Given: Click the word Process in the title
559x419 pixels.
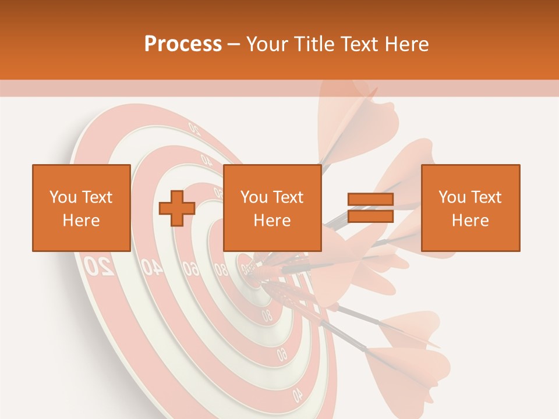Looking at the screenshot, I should point(183,44).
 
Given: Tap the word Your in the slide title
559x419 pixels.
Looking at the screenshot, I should point(267,44).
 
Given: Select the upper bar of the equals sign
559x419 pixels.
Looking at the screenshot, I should point(370,200).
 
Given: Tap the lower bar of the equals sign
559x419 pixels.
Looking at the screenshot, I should point(370,216).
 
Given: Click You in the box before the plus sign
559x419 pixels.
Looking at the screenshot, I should point(61,197).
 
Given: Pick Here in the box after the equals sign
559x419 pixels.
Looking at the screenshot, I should point(470,221).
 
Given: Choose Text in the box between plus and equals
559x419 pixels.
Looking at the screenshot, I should point(288,197).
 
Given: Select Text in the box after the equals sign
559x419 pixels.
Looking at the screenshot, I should point(486,197).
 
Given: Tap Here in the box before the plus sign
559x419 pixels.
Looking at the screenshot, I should point(81,221).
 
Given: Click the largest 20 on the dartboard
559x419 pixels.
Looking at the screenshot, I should point(99,266).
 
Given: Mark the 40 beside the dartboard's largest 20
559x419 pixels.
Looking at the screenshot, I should point(151,267).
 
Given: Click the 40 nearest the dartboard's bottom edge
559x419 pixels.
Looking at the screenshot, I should point(298,395).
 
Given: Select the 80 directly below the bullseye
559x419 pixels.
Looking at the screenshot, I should point(267,315).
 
